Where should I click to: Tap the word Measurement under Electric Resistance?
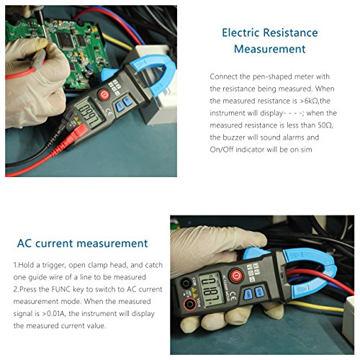coord(269,49)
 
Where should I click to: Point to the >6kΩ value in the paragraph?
coord(310,101)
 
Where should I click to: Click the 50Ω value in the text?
coord(325,125)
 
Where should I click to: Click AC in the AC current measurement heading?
coord(24,243)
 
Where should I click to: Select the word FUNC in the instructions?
coord(61,289)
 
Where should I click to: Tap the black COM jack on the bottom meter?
coord(186,283)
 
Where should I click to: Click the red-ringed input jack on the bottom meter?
coord(190,305)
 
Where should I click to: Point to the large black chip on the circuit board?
coord(65,40)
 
